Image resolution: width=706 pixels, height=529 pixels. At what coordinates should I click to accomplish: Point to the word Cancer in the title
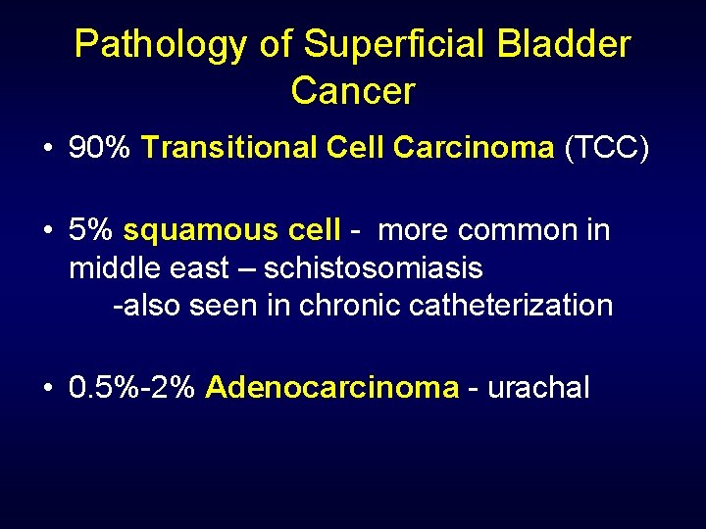353,91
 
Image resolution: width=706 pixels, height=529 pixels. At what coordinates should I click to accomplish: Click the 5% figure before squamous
91,230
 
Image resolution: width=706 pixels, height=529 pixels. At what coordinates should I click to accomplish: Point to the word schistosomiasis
374,267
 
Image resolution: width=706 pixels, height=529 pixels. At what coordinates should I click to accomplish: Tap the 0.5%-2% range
133,387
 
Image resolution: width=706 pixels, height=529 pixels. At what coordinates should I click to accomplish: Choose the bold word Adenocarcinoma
331,387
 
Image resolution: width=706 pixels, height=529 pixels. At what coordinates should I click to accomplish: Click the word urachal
538,387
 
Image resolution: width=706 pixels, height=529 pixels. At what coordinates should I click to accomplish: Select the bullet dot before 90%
47,149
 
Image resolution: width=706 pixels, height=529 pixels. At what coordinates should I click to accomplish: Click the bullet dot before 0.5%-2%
47,388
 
